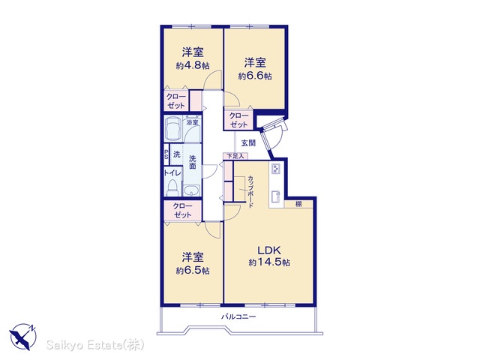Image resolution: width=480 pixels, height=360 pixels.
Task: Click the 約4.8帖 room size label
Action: tap(193, 65)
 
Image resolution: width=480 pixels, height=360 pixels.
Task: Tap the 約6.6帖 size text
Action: tap(255, 76)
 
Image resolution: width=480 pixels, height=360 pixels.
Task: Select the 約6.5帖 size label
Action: tap(193, 271)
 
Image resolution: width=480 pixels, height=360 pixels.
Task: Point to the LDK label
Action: tap(269, 250)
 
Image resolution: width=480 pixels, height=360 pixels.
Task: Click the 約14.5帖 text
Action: tap(269, 262)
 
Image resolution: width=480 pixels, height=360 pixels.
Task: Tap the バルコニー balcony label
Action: tap(238, 316)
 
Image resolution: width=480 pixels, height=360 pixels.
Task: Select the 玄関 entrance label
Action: tap(248, 143)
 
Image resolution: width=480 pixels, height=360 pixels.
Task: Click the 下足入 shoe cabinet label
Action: tap(235, 156)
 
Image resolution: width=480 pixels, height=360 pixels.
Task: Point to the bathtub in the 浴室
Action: tap(173, 128)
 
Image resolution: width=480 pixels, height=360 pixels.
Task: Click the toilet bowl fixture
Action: tap(173, 188)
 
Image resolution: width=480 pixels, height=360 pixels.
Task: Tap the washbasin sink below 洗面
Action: tap(192, 190)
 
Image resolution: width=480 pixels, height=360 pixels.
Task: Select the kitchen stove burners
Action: tap(277, 169)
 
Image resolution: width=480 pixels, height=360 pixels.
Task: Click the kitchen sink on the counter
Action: tap(276, 196)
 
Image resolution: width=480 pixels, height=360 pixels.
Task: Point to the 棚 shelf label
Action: tap(298, 204)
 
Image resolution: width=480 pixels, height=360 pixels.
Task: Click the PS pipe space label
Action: tap(166, 154)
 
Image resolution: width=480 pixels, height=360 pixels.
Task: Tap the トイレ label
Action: tap(172, 173)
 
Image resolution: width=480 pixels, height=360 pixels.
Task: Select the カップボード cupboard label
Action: tap(250, 192)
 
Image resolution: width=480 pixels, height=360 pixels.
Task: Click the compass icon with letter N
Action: tap(23, 337)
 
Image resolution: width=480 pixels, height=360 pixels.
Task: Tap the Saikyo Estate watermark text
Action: tap(95, 345)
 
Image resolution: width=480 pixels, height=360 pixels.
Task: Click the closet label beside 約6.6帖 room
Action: tap(238, 120)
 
